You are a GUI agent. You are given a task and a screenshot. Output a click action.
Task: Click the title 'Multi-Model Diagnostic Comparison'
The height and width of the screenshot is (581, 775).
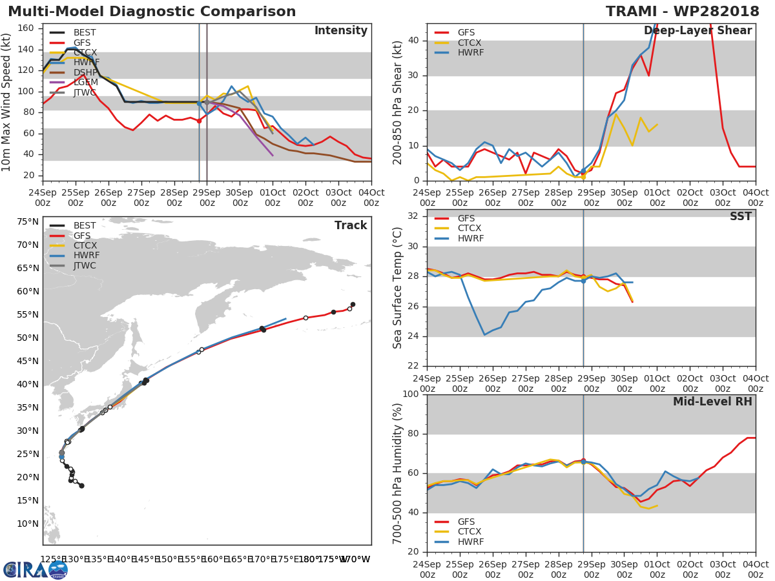[x=152, y=12]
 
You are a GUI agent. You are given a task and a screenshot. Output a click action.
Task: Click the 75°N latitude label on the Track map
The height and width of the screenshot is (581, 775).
[x=27, y=221]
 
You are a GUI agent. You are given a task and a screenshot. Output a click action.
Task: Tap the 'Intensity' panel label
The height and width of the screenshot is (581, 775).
[x=340, y=31]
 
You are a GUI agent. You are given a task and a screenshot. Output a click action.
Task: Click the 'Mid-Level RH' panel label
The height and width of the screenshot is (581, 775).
[x=712, y=402]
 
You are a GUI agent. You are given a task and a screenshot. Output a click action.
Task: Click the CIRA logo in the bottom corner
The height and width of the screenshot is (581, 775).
[x=35, y=569]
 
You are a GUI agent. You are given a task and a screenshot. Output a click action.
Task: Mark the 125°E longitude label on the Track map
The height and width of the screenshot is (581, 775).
[x=51, y=559]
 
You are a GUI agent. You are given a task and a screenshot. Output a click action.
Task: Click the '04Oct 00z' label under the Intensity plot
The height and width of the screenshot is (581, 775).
[x=371, y=198]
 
